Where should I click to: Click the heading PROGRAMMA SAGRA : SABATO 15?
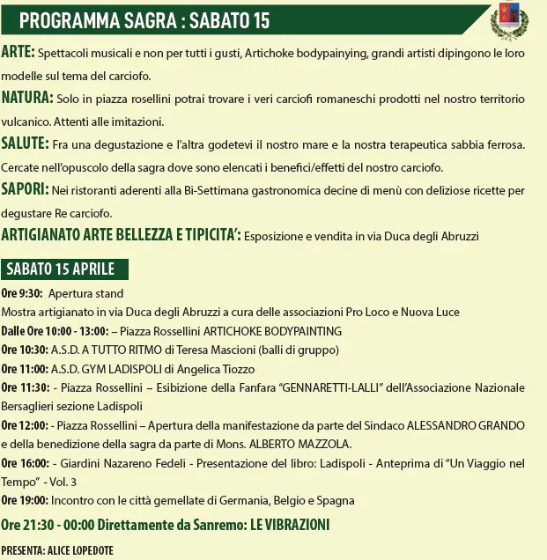tap(144, 20)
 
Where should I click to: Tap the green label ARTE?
tap(18, 53)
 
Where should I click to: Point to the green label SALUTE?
tap(26, 144)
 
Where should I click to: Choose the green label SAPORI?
tap(25, 189)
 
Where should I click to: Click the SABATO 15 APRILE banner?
tap(66, 269)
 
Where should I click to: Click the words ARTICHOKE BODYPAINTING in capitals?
tap(272, 332)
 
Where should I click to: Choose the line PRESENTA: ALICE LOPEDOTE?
tap(57, 551)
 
